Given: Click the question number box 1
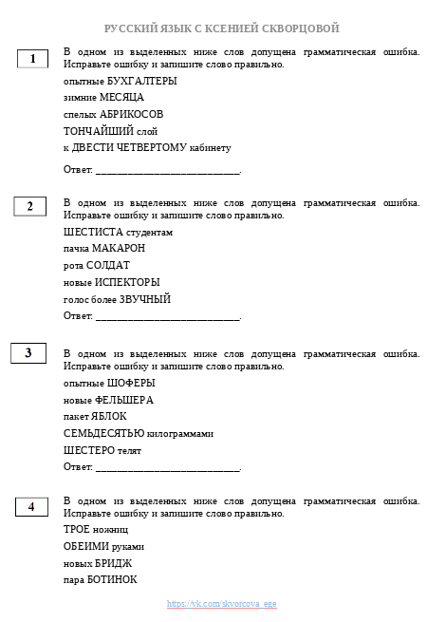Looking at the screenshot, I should (32, 59).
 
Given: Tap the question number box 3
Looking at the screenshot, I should (28, 353).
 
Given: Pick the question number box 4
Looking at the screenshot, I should (31, 506).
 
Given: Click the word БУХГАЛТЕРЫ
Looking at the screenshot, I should (143, 81).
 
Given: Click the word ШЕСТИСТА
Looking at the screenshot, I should (87, 232).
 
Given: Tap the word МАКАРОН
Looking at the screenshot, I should (119, 249).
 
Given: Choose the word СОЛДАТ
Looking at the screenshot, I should (108, 265).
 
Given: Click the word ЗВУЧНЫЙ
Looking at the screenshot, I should (144, 299).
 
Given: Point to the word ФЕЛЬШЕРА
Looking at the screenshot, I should (123, 400).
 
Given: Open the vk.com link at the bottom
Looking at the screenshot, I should (222, 603).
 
